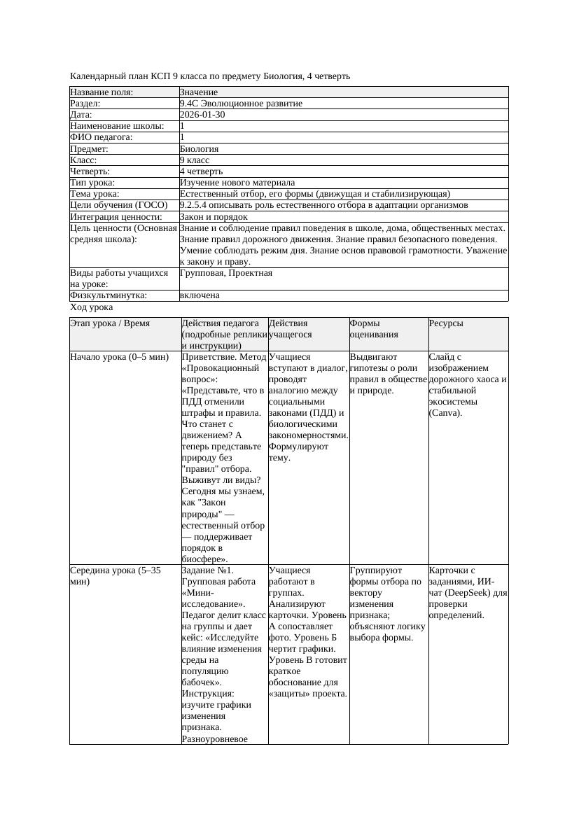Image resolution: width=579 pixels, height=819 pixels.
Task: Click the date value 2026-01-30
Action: coord(202,115)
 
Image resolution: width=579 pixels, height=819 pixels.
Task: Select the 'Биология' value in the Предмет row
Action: coord(199,148)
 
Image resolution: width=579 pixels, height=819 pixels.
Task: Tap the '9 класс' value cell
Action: coord(195,160)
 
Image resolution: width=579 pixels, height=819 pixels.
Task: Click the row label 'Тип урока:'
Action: coord(92,183)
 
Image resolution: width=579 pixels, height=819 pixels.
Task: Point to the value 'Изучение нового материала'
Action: coord(237,183)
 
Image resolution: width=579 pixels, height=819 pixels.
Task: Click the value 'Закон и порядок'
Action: coord(214,216)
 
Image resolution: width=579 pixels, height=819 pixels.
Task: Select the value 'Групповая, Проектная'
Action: coord(226,273)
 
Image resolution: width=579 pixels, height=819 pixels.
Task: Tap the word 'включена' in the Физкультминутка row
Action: coord(200,295)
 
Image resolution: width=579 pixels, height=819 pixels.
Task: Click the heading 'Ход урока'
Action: coord(92,307)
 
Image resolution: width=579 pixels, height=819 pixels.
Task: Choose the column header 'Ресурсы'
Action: coord(446,323)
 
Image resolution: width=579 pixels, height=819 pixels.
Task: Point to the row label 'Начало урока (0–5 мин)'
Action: coord(120,357)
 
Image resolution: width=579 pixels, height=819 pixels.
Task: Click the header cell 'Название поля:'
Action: coord(102,92)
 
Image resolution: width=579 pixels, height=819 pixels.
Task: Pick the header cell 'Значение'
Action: coord(199,92)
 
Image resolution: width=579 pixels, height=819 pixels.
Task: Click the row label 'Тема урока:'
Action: coord(95,194)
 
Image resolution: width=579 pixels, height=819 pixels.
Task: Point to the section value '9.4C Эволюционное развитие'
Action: coord(241,104)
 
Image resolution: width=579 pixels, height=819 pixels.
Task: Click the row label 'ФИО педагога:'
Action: coord(102,137)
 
